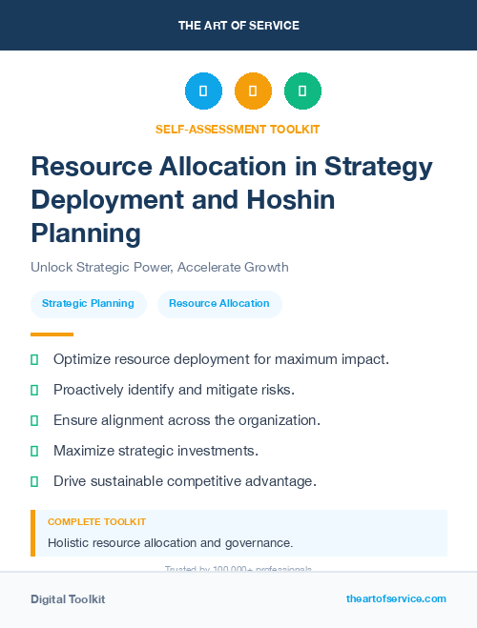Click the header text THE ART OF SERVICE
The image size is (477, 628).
tap(238, 26)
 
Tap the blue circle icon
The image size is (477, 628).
tap(203, 91)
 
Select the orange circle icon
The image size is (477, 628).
tap(253, 91)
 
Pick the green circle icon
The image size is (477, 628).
tap(302, 91)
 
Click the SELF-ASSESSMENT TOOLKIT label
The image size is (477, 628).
tap(238, 129)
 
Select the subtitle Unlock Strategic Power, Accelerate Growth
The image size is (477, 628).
tap(159, 267)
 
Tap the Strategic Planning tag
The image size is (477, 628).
tap(89, 304)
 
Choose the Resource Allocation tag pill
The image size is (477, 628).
tap(219, 304)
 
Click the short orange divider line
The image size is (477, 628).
tap(52, 334)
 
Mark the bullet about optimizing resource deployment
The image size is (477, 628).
tap(220, 359)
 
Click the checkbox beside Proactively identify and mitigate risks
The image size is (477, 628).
tap(34, 390)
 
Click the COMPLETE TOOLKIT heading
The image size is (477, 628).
tap(96, 522)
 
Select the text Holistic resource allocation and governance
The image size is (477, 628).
tap(170, 543)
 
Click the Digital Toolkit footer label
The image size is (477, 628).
tap(68, 599)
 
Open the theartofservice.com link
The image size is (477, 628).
tap(396, 598)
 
